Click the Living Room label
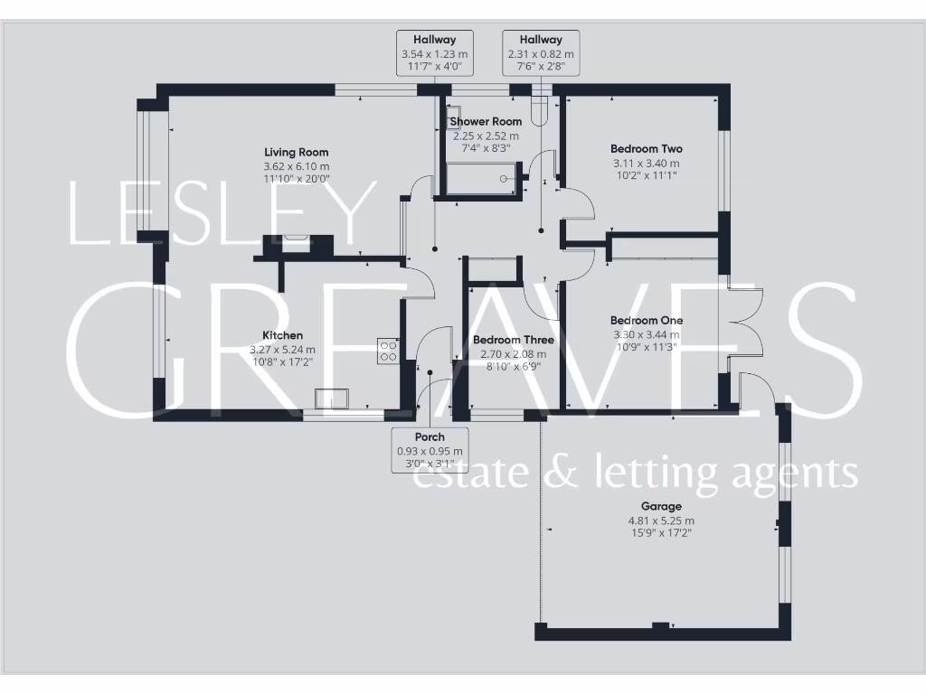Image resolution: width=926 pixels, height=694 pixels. (296, 153)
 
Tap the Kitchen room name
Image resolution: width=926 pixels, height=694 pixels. (283, 335)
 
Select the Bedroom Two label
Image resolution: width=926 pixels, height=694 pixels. (646, 149)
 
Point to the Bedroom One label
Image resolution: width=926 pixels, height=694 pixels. (646, 321)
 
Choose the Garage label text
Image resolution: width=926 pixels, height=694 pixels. (661, 507)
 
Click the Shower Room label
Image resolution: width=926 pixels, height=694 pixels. (487, 122)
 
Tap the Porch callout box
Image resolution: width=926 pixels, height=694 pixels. (430, 451)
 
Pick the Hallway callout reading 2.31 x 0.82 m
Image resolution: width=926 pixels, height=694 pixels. (541, 53)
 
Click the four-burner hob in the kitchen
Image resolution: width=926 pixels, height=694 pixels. (388, 351)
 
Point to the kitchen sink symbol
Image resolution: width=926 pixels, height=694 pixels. (330, 399)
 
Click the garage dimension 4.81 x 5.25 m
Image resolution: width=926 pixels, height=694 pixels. (661, 520)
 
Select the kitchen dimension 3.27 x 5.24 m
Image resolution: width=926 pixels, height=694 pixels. (283, 349)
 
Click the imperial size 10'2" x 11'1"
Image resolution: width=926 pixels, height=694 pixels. (646, 175)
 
